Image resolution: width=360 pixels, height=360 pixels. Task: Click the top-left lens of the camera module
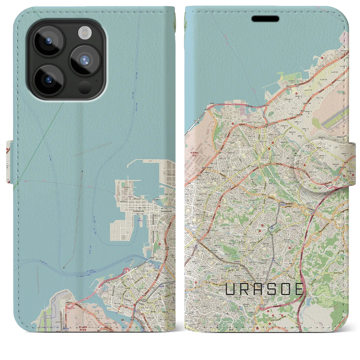49,42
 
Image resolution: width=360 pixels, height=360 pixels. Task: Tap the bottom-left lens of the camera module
49,80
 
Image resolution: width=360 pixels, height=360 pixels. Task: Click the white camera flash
84,33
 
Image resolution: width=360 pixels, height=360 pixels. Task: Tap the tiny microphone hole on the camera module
96,80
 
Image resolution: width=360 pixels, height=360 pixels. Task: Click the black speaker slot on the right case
265,19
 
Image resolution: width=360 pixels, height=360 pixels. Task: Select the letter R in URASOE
245,289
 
